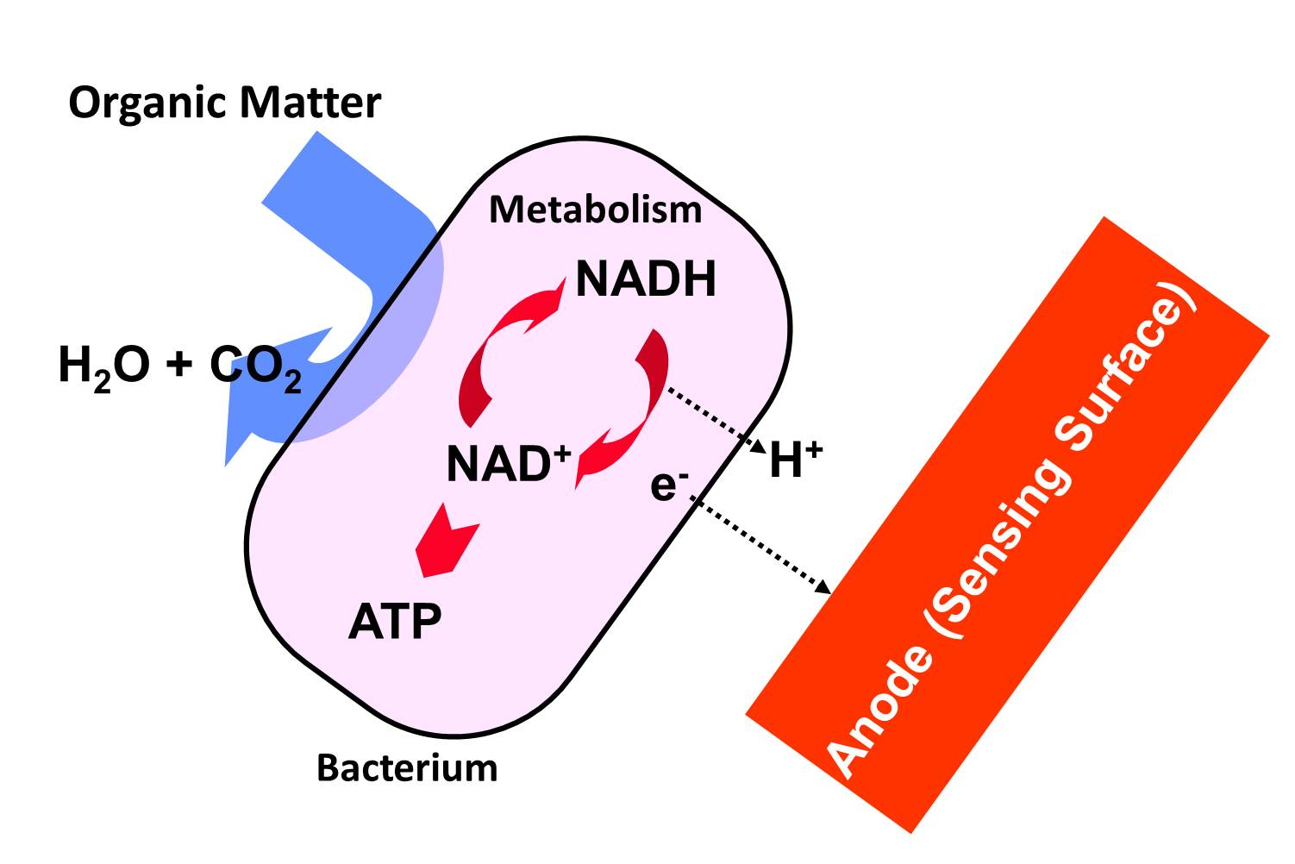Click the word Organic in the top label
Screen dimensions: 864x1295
148,103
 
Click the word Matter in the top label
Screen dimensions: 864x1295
310,103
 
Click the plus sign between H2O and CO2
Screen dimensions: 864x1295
179,366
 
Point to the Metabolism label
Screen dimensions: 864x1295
595,210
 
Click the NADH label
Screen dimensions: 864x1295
646,279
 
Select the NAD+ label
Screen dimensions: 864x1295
509,464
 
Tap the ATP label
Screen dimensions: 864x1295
395,621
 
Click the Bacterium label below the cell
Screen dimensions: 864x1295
407,767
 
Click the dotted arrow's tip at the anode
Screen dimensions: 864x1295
825,589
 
